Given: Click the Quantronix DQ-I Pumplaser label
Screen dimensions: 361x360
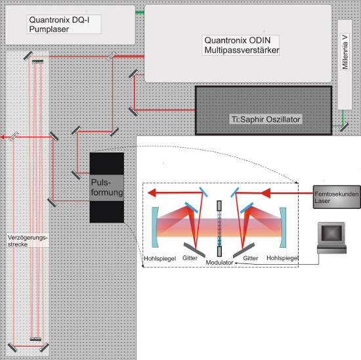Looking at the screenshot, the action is click(59, 24).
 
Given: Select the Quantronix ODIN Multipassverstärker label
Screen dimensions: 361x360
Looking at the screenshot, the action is click(242, 45).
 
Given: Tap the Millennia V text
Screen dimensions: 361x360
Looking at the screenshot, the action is click(345, 52).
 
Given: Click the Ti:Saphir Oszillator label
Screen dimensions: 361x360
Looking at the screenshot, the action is click(266, 120).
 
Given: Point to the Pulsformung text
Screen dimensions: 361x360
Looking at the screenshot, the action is click(107, 187).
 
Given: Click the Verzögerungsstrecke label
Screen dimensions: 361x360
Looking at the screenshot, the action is click(28, 240).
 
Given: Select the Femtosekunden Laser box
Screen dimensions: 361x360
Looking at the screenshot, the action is click(337, 197).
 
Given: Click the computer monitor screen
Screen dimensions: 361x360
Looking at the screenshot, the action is click(331, 233).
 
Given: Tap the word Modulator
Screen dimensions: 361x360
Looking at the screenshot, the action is click(219, 263).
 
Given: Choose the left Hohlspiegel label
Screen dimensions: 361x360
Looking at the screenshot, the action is click(159, 259).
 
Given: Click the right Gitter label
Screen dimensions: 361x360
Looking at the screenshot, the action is click(251, 258).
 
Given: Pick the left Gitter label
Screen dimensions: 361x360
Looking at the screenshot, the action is click(190, 258).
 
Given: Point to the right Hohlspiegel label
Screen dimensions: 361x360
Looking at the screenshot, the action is click(282, 258).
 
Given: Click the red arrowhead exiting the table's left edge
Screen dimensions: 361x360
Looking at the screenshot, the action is click(2, 137).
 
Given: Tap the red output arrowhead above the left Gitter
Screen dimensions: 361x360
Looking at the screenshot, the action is click(152, 192).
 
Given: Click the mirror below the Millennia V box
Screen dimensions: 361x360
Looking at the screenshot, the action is click(344, 127).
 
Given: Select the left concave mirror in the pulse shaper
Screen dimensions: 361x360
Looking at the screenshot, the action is click(155, 227).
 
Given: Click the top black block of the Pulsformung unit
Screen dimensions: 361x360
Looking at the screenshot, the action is click(107, 164).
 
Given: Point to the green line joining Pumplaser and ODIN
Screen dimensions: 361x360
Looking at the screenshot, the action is click(140, 12).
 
